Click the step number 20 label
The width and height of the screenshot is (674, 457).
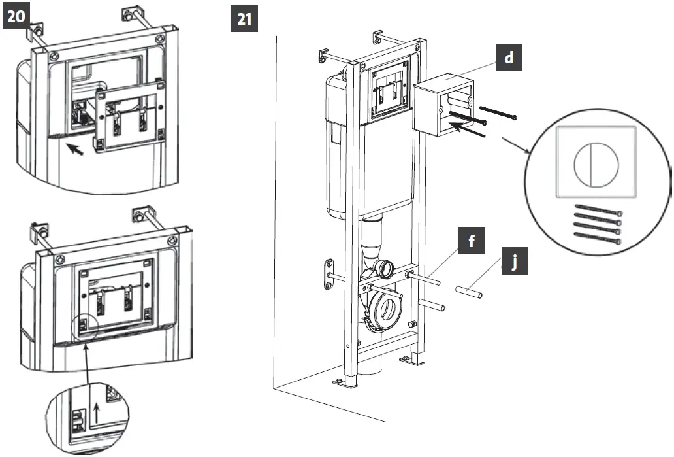pos(17,18)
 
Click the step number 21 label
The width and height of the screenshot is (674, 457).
pos(244,19)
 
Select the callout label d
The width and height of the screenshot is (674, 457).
pos(509,58)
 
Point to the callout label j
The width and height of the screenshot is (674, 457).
pos(514,263)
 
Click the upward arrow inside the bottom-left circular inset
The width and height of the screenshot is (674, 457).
pos(97,414)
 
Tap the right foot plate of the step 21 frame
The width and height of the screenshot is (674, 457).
pos(408,358)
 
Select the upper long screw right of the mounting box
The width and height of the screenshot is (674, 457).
pos(498,111)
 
